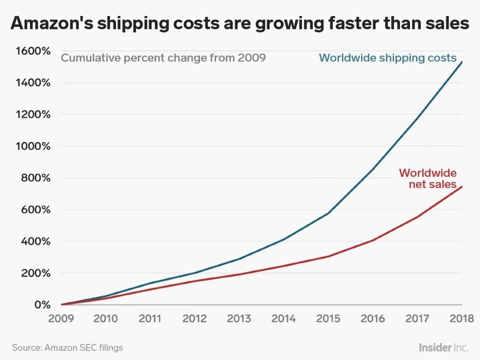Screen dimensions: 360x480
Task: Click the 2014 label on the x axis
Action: click(283, 319)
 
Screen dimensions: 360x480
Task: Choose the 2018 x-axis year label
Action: click(461, 319)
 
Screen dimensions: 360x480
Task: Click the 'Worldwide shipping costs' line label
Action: click(387, 57)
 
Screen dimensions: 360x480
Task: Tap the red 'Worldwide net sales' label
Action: click(427, 178)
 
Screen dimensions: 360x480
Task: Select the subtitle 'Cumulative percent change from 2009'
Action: click(163, 57)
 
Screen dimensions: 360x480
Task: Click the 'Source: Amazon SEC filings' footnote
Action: click(67, 347)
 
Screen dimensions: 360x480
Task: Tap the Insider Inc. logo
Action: click(443, 347)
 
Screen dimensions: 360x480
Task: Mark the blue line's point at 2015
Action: click(328, 213)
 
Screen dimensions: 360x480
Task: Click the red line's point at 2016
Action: click(372, 240)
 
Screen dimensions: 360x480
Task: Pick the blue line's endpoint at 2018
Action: click(461, 61)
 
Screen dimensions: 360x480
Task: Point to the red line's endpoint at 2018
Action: click(461, 186)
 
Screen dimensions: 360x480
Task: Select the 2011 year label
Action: click(150, 319)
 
